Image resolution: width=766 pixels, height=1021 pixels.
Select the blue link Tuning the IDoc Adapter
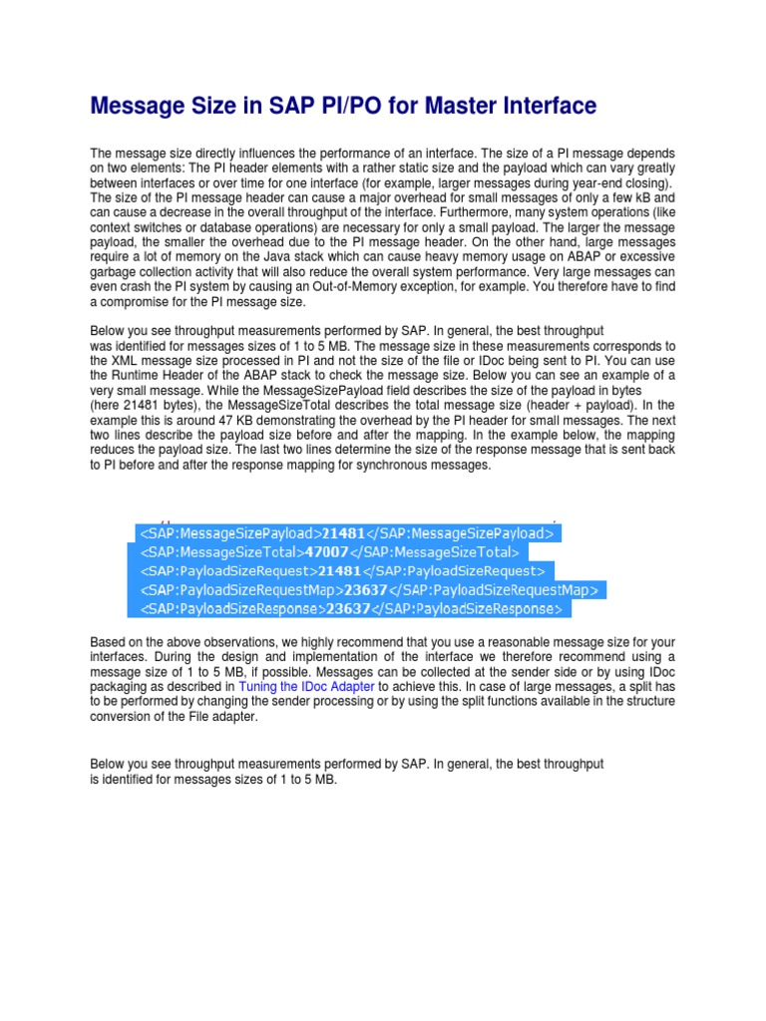point(306,687)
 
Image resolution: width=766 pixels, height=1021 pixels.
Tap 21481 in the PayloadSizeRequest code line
point(337,570)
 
